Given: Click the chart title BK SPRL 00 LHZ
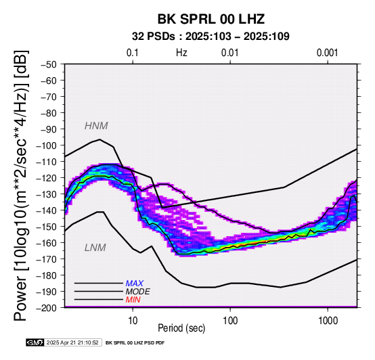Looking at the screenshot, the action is [x=211, y=19].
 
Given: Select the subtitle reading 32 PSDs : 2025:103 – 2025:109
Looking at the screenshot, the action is [x=211, y=37].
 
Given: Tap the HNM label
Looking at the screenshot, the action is [x=96, y=126].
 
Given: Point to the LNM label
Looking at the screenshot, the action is [x=95, y=248].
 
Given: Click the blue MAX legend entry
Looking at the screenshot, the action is [x=135, y=284].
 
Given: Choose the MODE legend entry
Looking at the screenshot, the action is [x=138, y=292].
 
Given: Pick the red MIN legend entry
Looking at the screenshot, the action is [x=133, y=300].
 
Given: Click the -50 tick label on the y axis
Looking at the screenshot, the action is [x=48, y=64].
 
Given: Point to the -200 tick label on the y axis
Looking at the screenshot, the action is [x=46, y=308].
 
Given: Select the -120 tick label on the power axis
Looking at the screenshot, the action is [x=46, y=178].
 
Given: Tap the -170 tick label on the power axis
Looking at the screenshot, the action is [x=46, y=259].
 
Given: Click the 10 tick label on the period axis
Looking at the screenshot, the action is [x=133, y=321].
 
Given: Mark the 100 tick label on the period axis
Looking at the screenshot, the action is [x=230, y=321].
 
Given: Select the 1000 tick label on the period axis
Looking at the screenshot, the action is [x=328, y=321].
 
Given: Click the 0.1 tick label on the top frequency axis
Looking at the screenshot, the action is [x=133, y=53].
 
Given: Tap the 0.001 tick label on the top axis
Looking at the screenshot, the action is [x=328, y=53].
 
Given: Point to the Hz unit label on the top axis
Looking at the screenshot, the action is [x=181, y=53].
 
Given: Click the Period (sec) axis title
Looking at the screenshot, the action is [x=181, y=328].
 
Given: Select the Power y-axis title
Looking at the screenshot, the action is [x=21, y=185].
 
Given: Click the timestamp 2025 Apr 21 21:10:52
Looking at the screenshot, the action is [x=72, y=342].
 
